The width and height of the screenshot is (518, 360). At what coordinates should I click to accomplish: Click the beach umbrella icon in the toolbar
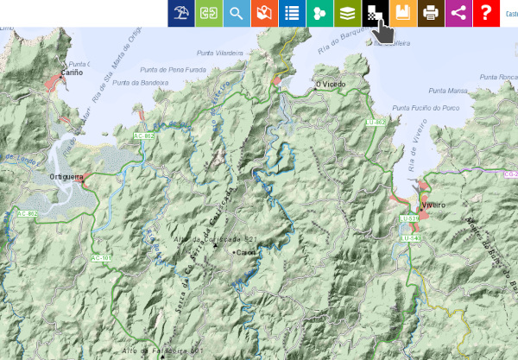(x=181, y=13)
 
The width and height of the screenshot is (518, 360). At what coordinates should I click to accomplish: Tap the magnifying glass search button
(x=236, y=13)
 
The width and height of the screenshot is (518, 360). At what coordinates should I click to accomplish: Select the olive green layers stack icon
(x=347, y=13)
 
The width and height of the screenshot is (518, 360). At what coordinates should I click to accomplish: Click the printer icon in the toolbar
(x=430, y=13)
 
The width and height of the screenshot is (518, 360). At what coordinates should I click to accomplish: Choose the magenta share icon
(x=458, y=13)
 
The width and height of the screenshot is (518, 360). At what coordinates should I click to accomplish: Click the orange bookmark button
(x=402, y=13)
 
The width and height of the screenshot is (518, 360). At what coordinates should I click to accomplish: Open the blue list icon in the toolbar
(x=292, y=13)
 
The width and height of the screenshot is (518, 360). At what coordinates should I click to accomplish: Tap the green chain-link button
(x=208, y=13)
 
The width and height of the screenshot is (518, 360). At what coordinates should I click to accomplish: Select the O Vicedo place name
(x=330, y=85)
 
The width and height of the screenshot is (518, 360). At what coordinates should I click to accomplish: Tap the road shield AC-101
(x=101, y=258)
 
